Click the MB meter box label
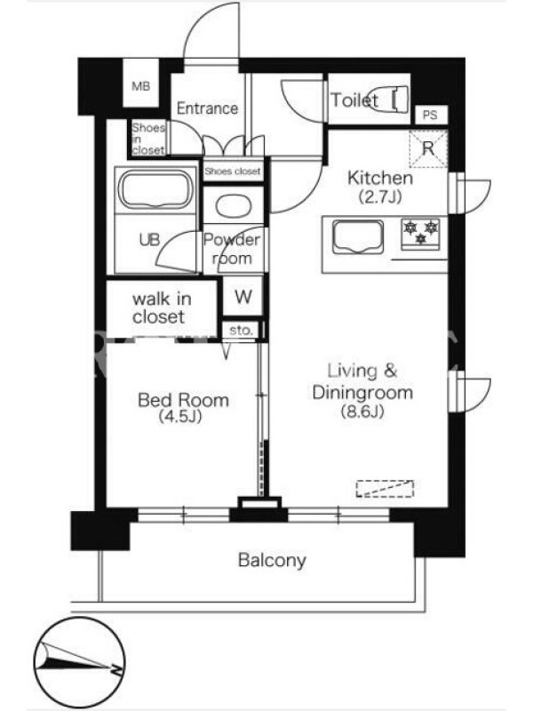click(x=141, y=85)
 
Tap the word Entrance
click(x=207, y=108)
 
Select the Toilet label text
click(x=354, y=100)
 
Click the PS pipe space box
click(x=431, y=115)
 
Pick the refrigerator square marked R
click(x=428, y=148)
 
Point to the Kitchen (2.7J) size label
click(x=380, y=187)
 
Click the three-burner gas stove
click(x=420, y=234)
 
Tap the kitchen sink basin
click(x=358, y=236)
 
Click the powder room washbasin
click(x=234, y=206)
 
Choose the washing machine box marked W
click(x=243, y=296)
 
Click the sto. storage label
click(x=240, y=331)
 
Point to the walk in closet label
click(x=162, y=308)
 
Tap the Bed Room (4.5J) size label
click(x=183, y=407)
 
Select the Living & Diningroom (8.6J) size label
click(x=362, y=390)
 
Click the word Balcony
click(x=272, y=561)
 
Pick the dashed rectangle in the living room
click(x=385, y=489)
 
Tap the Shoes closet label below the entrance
click(x=233, y=172)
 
